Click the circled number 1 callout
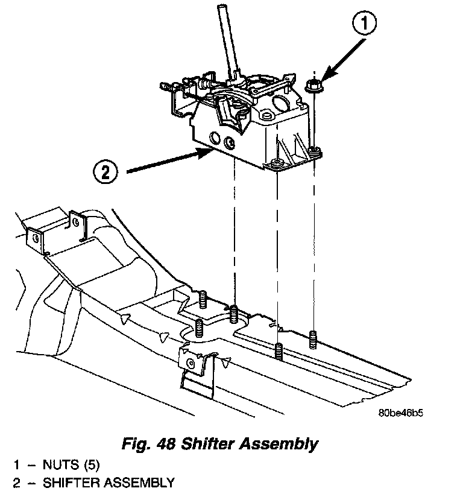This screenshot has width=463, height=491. pyautogui.click(x=364, y=25)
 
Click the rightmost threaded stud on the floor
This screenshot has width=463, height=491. pyautogui.click(x=313, y=340)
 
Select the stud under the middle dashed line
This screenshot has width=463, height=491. pyautogui.click(x=278, y=350)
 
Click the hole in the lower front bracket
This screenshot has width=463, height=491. pyautogui.click(x=192, y=363)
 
